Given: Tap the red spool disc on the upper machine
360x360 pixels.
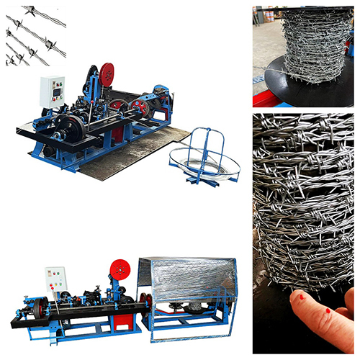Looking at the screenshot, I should (x=107, y=73).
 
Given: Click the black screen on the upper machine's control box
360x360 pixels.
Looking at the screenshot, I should (x=53, y=86).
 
